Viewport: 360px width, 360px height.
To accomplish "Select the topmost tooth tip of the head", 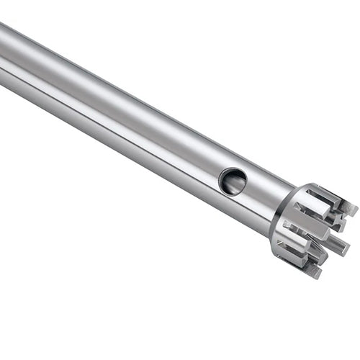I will [x=351, y=207].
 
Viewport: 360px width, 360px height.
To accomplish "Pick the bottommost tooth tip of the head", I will [x=314, y=271].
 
